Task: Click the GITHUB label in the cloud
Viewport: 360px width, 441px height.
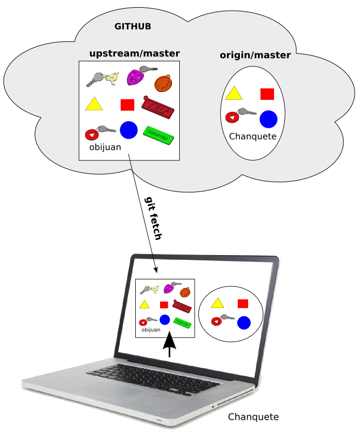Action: pyautogui.click(x=133, y=26)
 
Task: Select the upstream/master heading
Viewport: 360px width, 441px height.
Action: pyautogui.click(x=135, y=53)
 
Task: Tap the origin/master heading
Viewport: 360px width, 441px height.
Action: pyautogui.click(x=255, y=55)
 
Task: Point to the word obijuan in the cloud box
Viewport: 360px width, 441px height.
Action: pyautogui.click(x=105, y=147)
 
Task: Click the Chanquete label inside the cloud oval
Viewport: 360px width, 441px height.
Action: pyautogui.click(x=253, y=137)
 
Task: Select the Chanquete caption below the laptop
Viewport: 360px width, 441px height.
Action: pyautogui.click(x=253, y=417)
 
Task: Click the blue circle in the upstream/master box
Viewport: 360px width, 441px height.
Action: pyautogui.click(x=128, y=129)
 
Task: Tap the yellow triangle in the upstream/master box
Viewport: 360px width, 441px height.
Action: pyautogui.click(x=93, y=104)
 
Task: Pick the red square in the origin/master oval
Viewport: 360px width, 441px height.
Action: pyautogui.click(x=267, y=94)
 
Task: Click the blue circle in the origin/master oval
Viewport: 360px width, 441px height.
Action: pyautogui.click(x=268, y=119)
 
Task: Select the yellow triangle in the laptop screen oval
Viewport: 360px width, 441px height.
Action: pyautogui.click(x=217, y=303)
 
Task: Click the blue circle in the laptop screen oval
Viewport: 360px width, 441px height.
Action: pyautogui.click(x=244, y=323)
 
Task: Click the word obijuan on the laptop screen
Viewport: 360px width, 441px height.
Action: pyautogui.click(x=151, y=329)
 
